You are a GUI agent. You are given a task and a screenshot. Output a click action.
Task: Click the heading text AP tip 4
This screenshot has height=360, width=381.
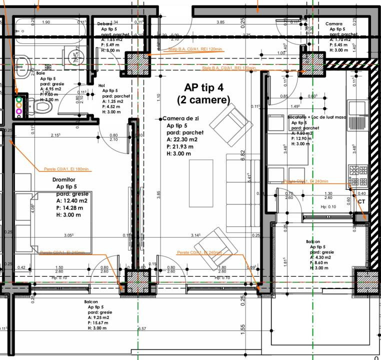click(x=203, y=87)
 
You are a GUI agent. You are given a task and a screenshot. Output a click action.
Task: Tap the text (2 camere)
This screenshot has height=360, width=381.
click(x=203, y=100)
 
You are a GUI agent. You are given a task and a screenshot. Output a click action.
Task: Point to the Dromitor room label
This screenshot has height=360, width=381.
click(x=63, y=179)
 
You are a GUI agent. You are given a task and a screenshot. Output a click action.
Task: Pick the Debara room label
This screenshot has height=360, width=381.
click(x=104, y=23)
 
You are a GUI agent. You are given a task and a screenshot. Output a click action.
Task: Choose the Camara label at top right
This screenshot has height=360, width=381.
click(x=333, y=23)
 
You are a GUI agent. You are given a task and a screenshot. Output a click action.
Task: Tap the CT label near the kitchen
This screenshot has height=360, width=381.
click(x=362, y=200)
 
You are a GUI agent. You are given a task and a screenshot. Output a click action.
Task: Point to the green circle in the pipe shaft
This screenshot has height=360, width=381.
click(x=19, y=99)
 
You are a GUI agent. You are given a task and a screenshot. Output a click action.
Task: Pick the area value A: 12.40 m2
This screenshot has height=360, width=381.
click(x=72, y=201)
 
